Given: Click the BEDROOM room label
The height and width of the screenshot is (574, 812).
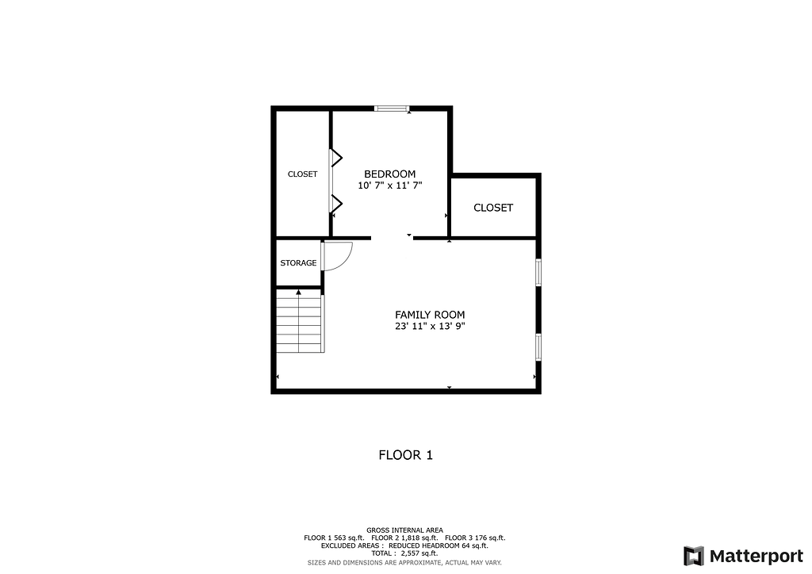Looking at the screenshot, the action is coord(389,174).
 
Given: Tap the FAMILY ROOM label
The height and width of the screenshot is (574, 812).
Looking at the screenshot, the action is coord(430,315).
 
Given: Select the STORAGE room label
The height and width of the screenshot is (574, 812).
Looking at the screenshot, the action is coord(298,263).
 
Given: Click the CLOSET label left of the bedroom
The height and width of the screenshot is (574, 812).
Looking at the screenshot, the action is coord(302,174).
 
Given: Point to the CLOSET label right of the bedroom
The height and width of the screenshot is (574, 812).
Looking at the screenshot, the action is coord(493,208).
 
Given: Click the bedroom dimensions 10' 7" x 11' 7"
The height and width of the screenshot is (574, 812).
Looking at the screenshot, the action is coord(390,186).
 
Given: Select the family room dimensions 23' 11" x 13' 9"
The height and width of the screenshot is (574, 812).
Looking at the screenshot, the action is coord(430,326).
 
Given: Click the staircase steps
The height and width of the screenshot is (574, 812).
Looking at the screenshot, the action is coord(299,321).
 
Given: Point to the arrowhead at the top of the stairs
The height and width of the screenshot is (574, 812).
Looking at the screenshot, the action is coord(298,293).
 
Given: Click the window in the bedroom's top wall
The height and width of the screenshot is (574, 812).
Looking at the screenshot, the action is coord(392,109).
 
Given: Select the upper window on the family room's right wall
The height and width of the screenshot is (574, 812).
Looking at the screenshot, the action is coord(538,272).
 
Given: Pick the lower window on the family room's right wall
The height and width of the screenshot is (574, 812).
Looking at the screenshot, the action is coord(538,346).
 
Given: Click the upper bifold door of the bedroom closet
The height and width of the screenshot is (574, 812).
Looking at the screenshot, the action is coord(335,158).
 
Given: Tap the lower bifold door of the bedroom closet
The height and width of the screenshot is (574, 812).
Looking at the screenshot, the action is coord(335,204).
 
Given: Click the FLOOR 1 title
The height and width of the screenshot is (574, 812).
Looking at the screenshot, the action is coord(405,455).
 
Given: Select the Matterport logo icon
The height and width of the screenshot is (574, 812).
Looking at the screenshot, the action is coord(693,556).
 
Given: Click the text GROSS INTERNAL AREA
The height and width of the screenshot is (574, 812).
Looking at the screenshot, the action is coord(405,530).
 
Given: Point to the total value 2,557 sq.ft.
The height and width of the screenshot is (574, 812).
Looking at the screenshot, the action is coord(419,553).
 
